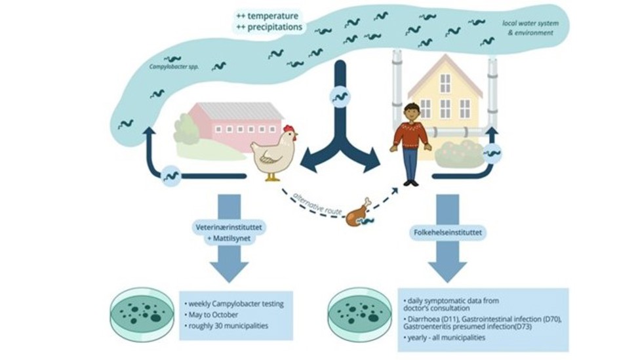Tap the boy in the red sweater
click(410, 143)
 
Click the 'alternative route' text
click(315, 201)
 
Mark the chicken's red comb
click(288, 129)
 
